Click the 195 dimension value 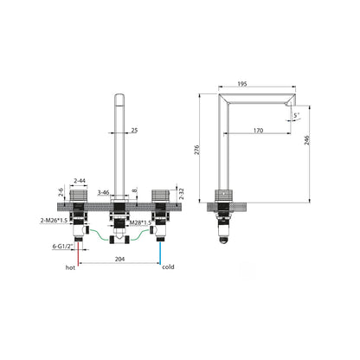coord(242,84)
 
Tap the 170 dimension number coord(258,131)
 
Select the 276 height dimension coord(196,150)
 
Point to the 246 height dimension coord(307,140)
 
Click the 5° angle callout coord(297,115)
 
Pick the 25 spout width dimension coord(134,130)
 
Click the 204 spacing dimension coord(119,259)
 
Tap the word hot coord(70,267)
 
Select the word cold coord(168,267)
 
